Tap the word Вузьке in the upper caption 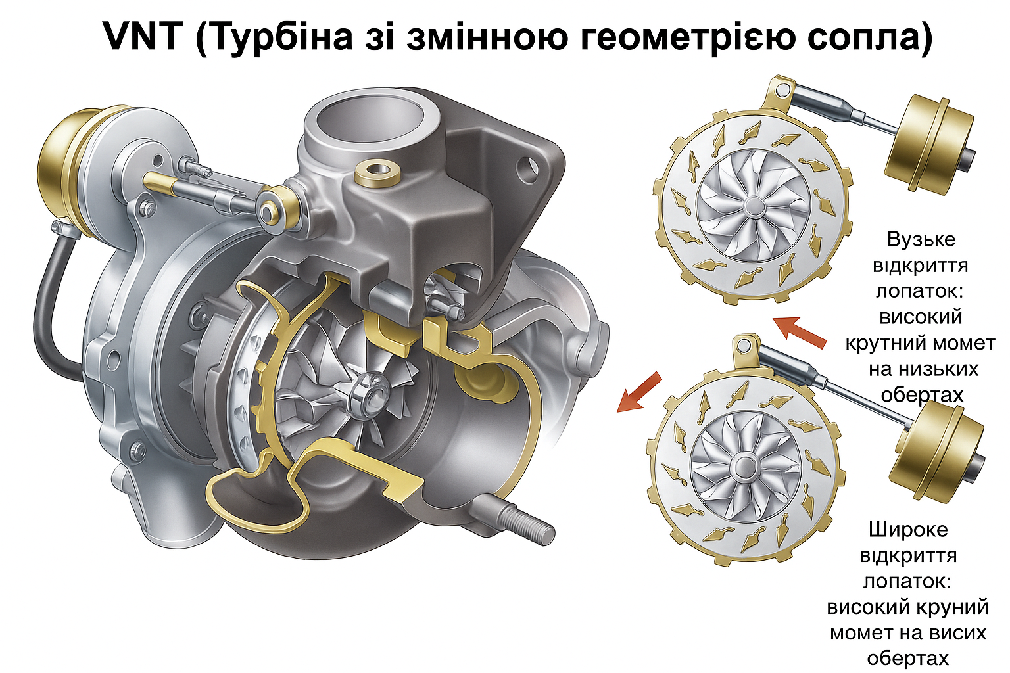point(921,239)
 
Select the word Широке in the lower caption point(908,529)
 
